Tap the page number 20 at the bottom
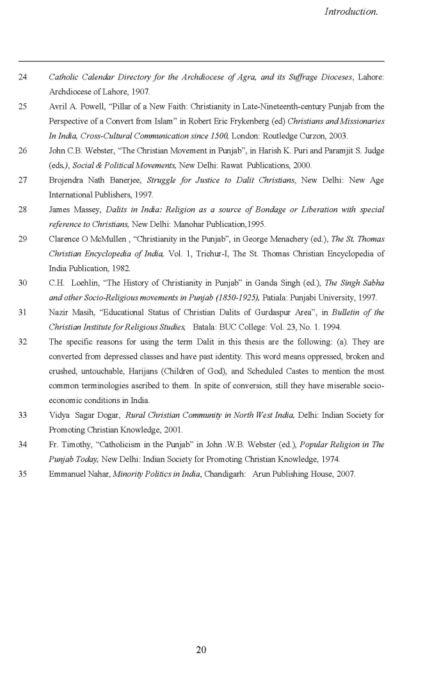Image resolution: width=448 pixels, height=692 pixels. click(x=201, y=650)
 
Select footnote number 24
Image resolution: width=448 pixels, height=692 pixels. click(x=23, y=78)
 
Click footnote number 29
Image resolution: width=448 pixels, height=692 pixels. click(x=23, y=239)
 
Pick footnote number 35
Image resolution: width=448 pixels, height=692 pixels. click(x=23, y=474)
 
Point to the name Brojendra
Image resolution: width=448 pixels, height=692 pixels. click(x=67, y=180)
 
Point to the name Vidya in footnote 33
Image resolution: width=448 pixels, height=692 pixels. click(x=60, y=415)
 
